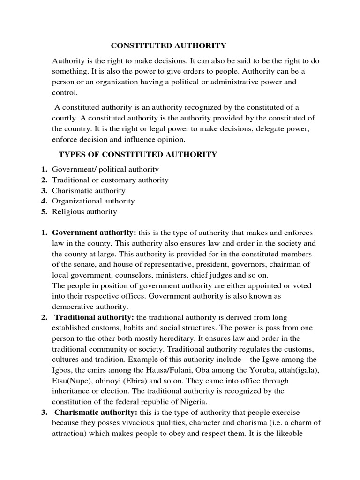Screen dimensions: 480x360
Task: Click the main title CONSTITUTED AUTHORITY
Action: [168, 45]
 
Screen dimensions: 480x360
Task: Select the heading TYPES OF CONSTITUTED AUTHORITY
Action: [137, 155]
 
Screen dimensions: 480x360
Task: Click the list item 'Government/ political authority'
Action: [105, 169]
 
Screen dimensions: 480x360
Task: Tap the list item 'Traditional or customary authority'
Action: [110, 180]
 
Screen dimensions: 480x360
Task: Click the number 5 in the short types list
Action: [43, 212]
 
